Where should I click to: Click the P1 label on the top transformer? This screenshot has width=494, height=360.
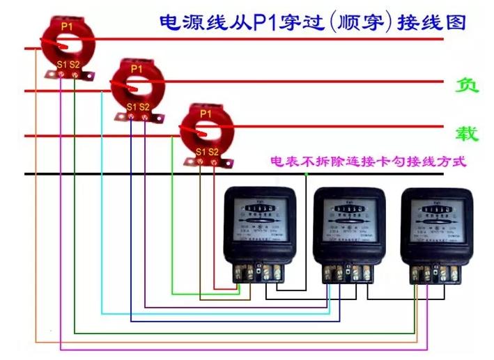pyautogui.click(x=67, y=26)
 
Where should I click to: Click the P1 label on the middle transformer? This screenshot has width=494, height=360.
pyautogui.click(x=137, y=69)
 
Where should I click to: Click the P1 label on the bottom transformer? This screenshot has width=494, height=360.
pyautogui.click(x=206, y=113)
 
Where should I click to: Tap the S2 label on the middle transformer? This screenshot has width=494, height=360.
pyautogui.click(x=144, y=107)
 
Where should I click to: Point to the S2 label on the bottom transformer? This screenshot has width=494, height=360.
pyautogui.click(x=213, y=151)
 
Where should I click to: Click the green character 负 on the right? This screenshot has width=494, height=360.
pyautogui.click(x=466, y=85)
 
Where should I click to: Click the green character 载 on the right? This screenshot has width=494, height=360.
pyautogui.click(x=466, y=133)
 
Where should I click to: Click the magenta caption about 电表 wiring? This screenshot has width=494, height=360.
pyautogui.click(x=367, y=162)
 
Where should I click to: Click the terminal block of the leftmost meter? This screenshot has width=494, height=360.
pyautogui.click(x=261, y=271)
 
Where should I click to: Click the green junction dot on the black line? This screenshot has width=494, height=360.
pyautogui.click(x=306, y=174)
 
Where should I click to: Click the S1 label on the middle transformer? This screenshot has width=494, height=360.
pyautogui.click(x=132, y=107)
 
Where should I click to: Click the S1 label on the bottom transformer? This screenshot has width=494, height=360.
pyautogui.click(x=201, y=151)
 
